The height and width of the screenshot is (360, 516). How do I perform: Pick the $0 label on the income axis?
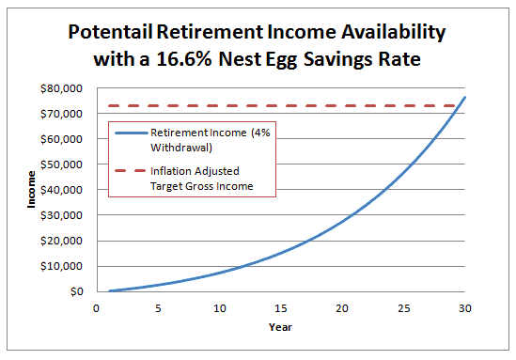click(x=76, y=291)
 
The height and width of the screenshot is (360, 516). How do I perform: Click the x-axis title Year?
click(x=280, y=328)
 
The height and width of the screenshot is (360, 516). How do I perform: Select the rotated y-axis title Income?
click(x=31, y=190)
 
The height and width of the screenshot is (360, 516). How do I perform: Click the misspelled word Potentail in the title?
click(x=118, y=31)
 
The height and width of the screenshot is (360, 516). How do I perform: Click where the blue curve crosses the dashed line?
click(x=461, y=105)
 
